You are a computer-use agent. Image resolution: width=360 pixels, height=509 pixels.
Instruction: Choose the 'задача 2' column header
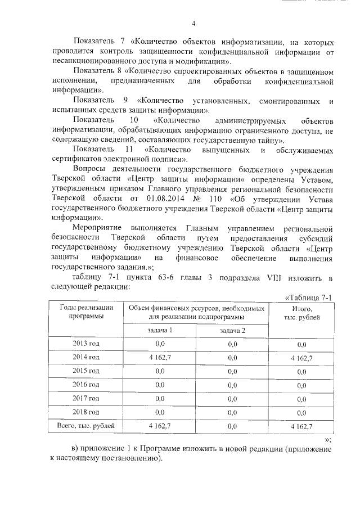(232, 330)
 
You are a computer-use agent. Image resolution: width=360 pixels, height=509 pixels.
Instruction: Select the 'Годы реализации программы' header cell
(85, 312)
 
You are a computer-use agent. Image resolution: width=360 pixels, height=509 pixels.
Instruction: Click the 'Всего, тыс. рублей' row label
(85, 426)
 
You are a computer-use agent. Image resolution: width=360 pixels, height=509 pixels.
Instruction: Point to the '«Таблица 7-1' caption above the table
(310, 298)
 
